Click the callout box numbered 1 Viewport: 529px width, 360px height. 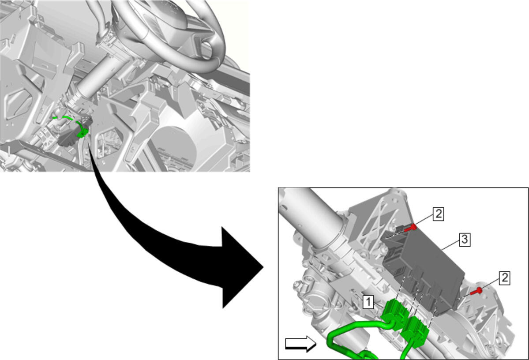[368, 302]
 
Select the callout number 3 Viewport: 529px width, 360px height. [465, 240]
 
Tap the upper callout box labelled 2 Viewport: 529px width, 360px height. [438, 214]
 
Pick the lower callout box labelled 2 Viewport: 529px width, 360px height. [504, 278]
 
